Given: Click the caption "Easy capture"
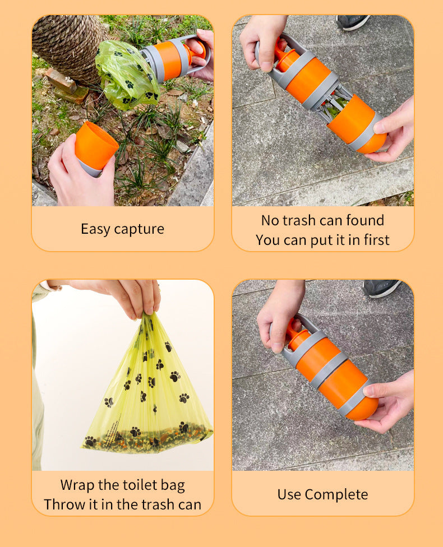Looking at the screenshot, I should tap(122, 229).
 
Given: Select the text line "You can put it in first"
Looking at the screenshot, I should tap(322, 240).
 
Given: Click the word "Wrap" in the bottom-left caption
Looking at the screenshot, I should tap(77, 485).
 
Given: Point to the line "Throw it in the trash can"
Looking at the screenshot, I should tap(122, 504).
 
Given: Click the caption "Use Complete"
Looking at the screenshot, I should tap(322, 494).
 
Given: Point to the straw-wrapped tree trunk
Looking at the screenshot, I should tap(67, 45).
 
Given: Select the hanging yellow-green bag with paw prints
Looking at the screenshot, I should tap(147, 387).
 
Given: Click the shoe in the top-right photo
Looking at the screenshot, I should tap(352, 22).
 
